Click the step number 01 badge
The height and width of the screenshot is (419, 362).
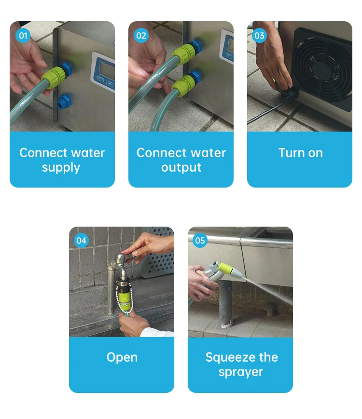click(x=23, y=36)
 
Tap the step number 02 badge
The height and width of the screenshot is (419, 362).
click(x=141, y=36)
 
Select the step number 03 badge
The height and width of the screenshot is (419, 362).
click(x=259, y=36)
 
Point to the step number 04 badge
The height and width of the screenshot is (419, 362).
click(x=81, y=241)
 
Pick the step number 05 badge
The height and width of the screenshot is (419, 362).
click(x=200, y=241)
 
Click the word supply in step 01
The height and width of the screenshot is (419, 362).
click(x=61, y=168)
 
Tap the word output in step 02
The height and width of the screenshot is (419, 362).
click(x=181, y=167)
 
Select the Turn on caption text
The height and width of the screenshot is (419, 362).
click(x=301, y=153)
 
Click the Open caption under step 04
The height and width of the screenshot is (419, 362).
click(x=122, y=358)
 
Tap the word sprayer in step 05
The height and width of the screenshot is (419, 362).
click(x=241, y=372)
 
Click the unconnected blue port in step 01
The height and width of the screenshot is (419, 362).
click(x=64, y=101)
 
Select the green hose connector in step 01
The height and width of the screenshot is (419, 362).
click(x=53, y=78)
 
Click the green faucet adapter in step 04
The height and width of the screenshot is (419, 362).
click(x=125, y=295)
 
